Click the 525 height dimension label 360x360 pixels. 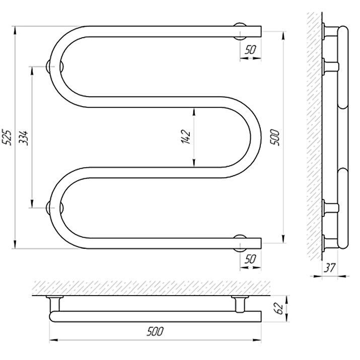(7, 138)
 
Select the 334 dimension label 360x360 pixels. (23, 138)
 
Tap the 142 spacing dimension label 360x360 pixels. (186, 137)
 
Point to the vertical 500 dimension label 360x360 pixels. (275, 137)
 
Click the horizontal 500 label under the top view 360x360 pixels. (155, 331)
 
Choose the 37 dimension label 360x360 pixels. (330, 268)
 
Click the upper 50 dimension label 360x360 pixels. (250, 49)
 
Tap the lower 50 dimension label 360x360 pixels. (250, 259)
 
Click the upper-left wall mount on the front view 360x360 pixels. (49, 66)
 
